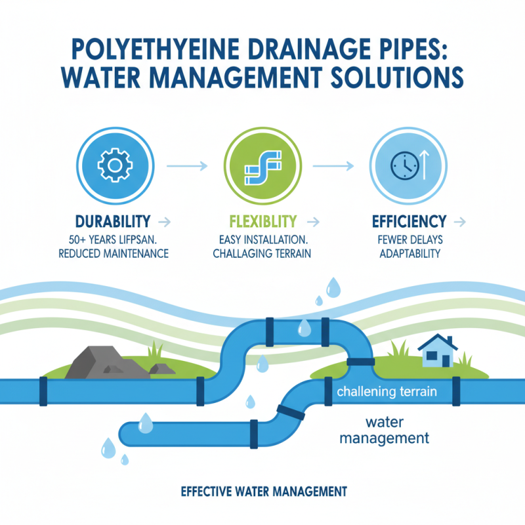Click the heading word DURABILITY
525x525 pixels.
pos(113,220)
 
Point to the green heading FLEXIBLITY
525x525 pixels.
pos(263,220)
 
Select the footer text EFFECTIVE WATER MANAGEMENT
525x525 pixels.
pos(262,490)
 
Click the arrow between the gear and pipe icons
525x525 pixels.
pos(188,165)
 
